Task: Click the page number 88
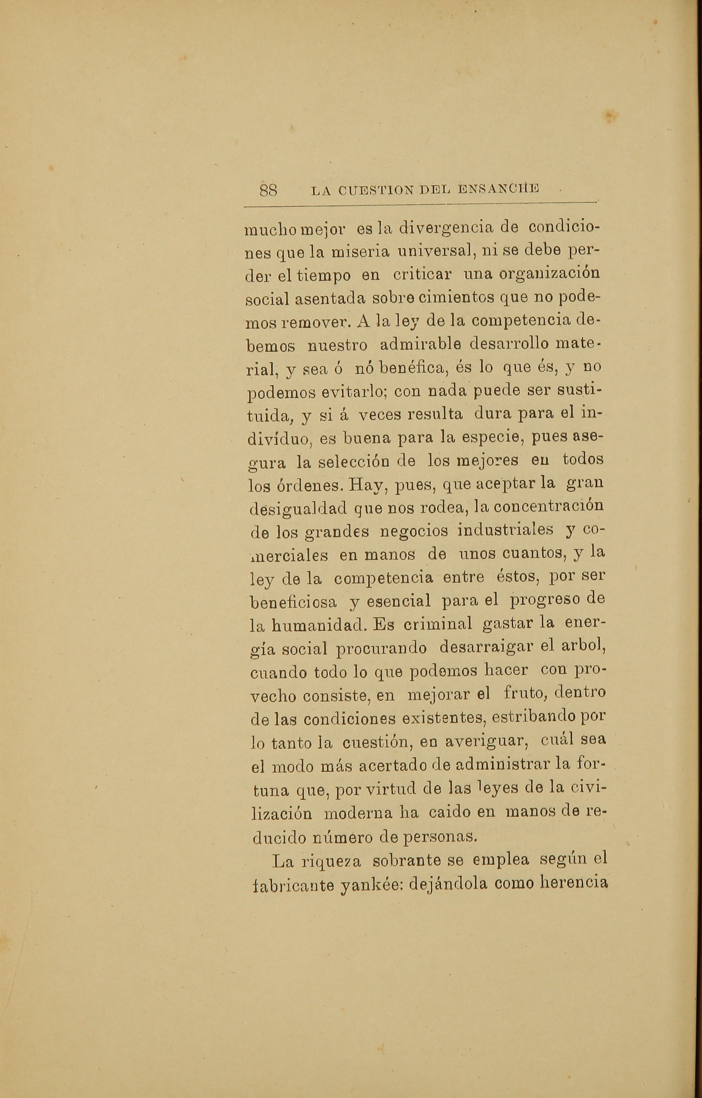pyautogui.click(x=269, y=190)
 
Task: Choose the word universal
pyautogui.click(x=432, y=251)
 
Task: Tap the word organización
pyautogui.click(x=549, y=276)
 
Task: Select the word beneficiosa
pyautogui.click(x=294, y=602)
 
